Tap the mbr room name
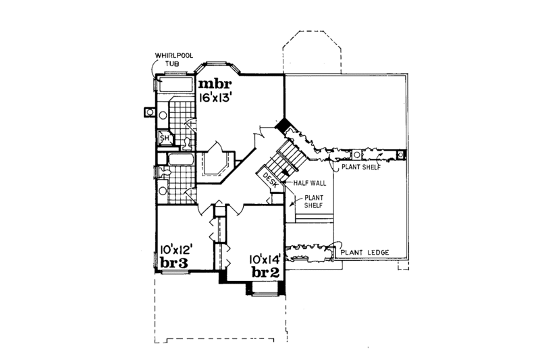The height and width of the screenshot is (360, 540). click(215, 84)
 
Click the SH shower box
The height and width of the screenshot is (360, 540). click(163, 138)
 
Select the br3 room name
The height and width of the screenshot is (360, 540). click(173, 262)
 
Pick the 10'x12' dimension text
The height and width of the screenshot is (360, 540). click(177, 249)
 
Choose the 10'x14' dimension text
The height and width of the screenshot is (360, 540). click(264, 259)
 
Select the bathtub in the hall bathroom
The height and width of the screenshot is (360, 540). click(179, 160)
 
